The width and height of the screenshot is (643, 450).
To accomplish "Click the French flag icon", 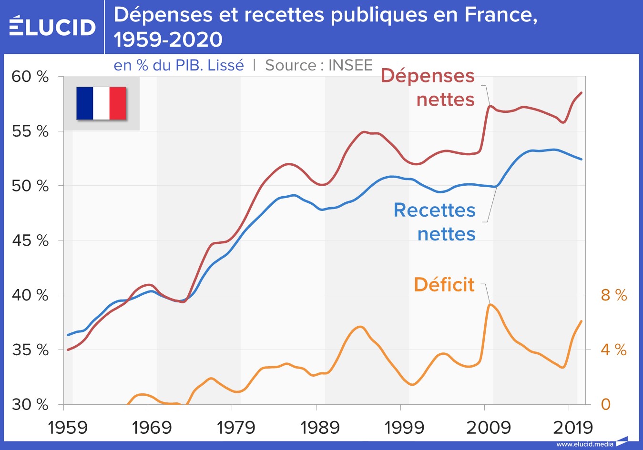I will tap(101, 103).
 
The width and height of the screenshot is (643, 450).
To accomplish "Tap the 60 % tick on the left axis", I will tap(30, 77).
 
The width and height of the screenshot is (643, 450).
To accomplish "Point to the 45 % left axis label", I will tap(30, 240).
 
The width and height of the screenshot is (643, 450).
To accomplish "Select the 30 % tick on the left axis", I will tap(30, 404).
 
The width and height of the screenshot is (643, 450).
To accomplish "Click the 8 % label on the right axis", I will tap(613, 295).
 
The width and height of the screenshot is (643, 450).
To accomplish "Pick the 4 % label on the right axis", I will tap(613, 350).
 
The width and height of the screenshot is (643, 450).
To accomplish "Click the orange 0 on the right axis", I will tap(605, 404).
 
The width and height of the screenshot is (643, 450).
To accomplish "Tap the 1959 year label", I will tap(68, 428).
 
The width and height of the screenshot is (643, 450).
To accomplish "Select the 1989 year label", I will tap(320, 428).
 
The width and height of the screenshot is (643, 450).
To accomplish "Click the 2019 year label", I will tap(572, 428).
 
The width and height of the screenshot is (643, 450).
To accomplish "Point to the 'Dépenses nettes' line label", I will tap(428, 88).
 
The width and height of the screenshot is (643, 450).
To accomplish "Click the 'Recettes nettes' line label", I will tap(435, 222).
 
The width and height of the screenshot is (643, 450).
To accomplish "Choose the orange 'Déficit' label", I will tap(444, 285).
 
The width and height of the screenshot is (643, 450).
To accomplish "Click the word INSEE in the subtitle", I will tap(350, 65).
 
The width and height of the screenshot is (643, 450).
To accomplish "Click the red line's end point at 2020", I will tap(581, 93).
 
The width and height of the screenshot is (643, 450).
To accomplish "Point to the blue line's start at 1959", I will tap(68, 335).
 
